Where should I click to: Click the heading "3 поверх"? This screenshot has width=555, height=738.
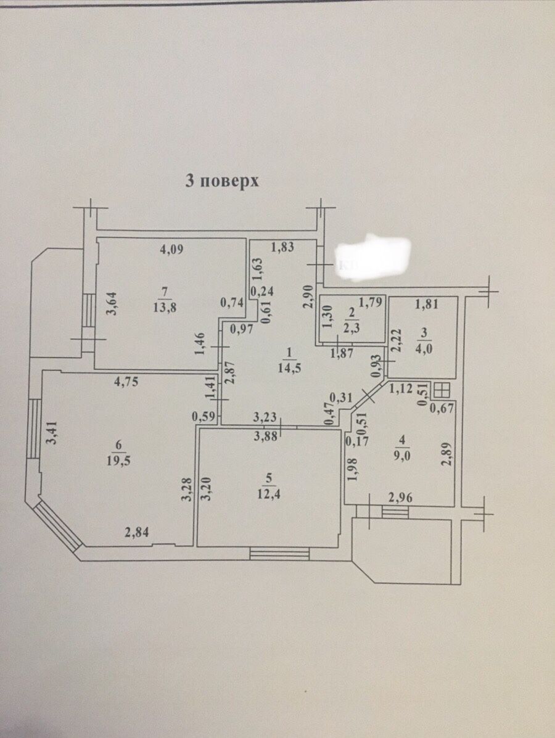pos(221,181)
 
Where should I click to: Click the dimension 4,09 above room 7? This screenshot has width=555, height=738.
pos(172,250)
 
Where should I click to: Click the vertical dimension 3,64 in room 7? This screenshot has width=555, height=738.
pos(109,303)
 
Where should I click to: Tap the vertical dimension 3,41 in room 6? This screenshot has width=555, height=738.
pos(55,433)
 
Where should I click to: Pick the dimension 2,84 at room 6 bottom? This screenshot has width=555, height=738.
pos(137,532)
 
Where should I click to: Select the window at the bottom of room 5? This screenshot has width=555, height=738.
pos(279,554)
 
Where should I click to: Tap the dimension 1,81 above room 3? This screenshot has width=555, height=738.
pos(426,303)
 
